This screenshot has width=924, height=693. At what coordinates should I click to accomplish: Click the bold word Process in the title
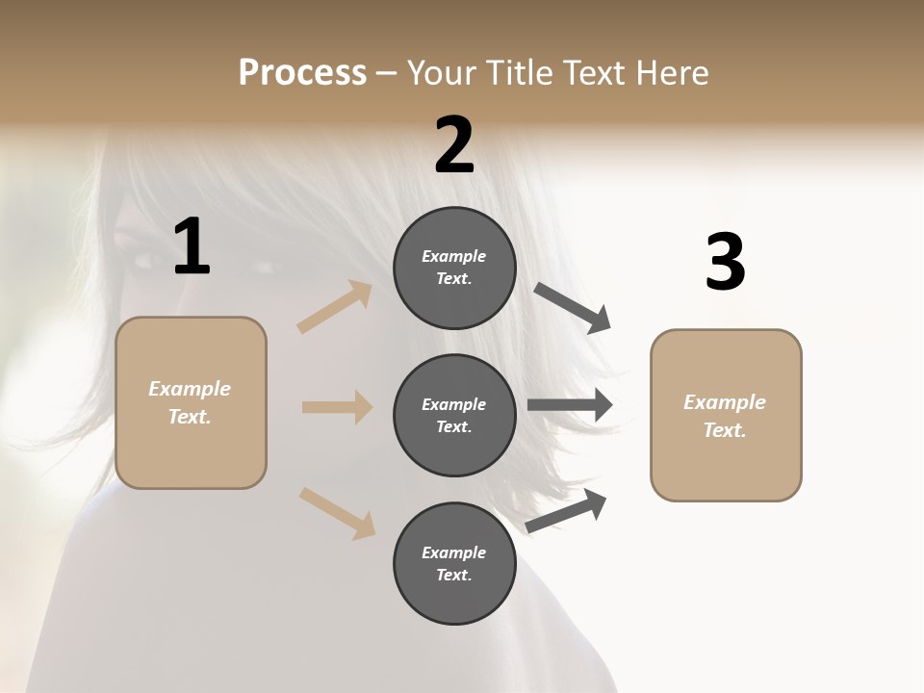pyautogui.click(x=302, y=73)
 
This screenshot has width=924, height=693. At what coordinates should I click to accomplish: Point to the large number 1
pyautogui.click(x=192, y=247)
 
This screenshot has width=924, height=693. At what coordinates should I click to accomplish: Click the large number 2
pyautogui.click(x=454, y=144)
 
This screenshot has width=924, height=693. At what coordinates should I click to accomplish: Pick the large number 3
pyautogui.click(x=725, y=263)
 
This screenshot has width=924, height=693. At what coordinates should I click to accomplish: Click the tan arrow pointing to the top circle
pyautogui.click(x=335, y=307)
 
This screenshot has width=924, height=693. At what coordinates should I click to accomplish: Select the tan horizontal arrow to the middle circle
pyautogui.click(x=337, y=407)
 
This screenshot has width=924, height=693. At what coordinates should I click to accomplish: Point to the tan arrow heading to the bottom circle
pyautogui.click(x=337, y=512)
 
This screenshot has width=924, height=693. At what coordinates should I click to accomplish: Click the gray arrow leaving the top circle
pyautogui.click(x=572, y=308)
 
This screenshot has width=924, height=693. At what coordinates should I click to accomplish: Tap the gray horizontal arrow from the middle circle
pyautogui.click(x=569, y=405)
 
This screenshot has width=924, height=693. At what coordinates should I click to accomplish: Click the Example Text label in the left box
pyautogui.click(x=190, y=402)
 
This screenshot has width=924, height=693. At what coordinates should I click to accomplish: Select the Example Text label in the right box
pyautogui.click(x=725, y=416)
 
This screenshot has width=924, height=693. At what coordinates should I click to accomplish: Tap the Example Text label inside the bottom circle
pyautogui.click(x=453, y=563)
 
